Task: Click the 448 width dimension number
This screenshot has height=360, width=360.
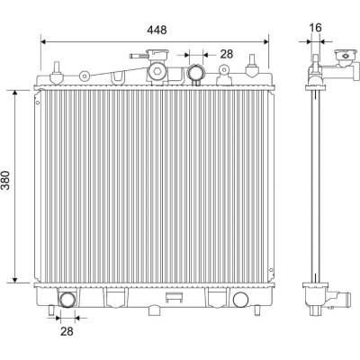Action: coord(157,30)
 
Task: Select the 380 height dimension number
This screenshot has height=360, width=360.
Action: coord(5,180)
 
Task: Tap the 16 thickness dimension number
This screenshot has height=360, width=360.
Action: coord(315,28)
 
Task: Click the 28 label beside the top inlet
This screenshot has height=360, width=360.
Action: coord(227,54)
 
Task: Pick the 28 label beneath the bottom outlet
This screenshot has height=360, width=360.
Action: coord(67,331)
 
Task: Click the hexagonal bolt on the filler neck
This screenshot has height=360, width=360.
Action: coord(157,71)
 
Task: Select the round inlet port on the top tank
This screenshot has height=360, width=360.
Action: coord(195,73)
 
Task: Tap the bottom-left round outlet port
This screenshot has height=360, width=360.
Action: coord(67,300)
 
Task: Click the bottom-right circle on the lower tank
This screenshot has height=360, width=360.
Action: coord(240,300)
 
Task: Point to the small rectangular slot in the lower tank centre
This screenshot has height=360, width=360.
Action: coord(175,297)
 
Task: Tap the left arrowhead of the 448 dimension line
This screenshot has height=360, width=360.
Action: coord(42,41)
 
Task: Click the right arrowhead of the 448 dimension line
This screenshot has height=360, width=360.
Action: coord(266,41)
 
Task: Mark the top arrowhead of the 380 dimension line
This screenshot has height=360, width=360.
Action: coord(15,92)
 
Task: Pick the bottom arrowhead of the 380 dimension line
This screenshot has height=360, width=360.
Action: coord(15,280)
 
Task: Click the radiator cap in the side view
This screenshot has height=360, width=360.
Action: coord(346,56)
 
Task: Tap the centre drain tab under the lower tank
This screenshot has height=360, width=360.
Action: coord(154,310)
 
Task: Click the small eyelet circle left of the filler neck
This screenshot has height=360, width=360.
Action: coord(85,76)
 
